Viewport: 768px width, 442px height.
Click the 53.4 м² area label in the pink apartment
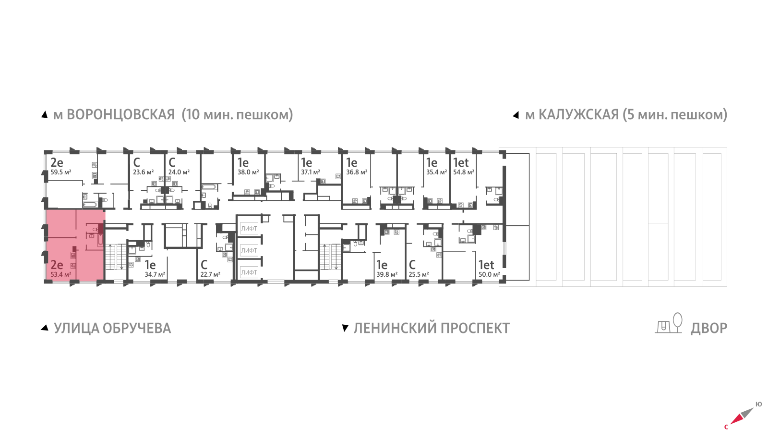click(x=60, y=275)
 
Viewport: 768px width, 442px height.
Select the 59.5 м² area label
click(x=60, y=172)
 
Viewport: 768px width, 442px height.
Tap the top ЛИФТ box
click(x=249, y=229)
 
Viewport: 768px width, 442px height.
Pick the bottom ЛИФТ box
click(x=249, y=272)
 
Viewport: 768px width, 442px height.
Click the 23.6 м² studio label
click(x=143, y=172)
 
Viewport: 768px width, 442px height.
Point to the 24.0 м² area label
click(x=179, y=172)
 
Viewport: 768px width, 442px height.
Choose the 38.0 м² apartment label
click(x=248, y=172)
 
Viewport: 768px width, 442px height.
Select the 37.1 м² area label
click(x=311, y=172)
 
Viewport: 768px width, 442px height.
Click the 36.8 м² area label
click(x=357, y=172)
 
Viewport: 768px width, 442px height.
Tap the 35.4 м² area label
click(x=436, y=172)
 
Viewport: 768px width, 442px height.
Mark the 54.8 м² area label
click(x=464, y=172)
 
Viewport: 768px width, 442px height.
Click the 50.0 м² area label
click(x=489, y=275)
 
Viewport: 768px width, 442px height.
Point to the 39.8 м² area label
click(x=387, y=275)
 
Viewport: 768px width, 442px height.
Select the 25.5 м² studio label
click(x=419, y=275)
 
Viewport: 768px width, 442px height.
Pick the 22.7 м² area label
click(x=210, y=275)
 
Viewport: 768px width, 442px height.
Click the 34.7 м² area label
click(x=155, y=275)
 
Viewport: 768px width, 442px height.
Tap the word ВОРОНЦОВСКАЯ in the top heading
click(x=120, y=115)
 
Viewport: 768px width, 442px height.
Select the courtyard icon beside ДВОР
click(x=669, y=323)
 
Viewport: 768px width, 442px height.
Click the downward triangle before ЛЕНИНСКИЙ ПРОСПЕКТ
click(x=345, y=328)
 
